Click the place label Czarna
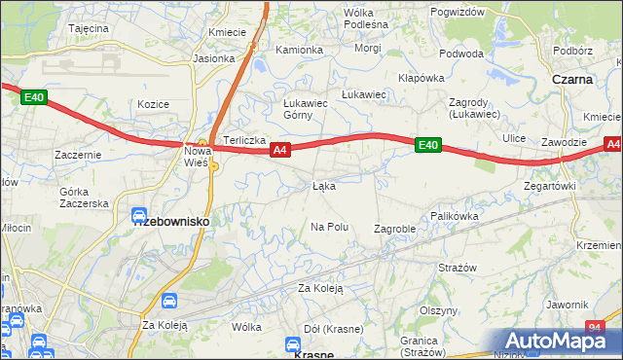571,80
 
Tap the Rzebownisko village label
170,221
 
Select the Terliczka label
245,140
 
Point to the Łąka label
324,185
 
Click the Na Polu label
329,227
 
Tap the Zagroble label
395,229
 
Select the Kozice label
154,104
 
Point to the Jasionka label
213,58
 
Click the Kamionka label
299,50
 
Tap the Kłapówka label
421,78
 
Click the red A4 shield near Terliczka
279,150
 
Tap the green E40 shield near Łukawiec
427,145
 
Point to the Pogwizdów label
457,12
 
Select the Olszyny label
438,310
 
